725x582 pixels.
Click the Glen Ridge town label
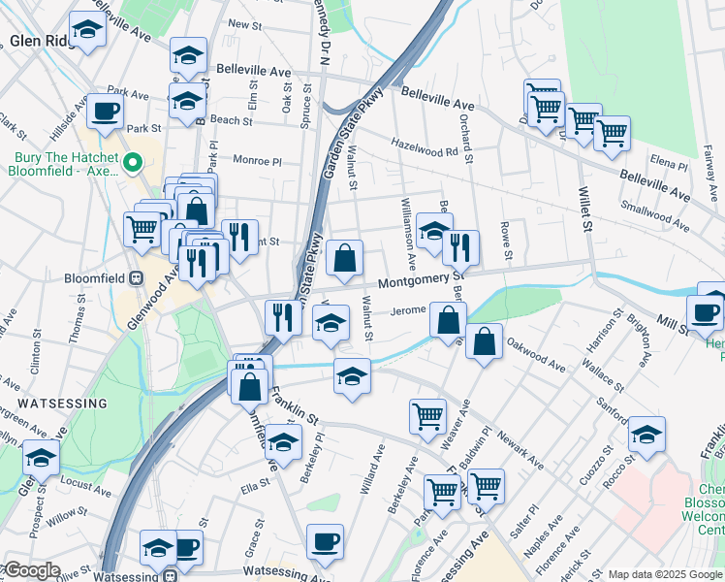tap(36, 41)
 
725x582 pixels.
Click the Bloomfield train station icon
tap(137, 276)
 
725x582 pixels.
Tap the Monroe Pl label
tap(256, 159)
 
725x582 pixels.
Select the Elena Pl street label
tap(669, 166)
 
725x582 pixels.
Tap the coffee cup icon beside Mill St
tap(705, 312)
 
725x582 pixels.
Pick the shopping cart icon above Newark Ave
tap(427, 416)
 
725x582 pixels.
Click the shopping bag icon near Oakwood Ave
tap(484, 341)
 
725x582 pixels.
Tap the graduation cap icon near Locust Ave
tap(41, 457)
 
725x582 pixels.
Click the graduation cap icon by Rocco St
tap(646, 435)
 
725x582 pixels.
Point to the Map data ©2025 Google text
tap(665, 574)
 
